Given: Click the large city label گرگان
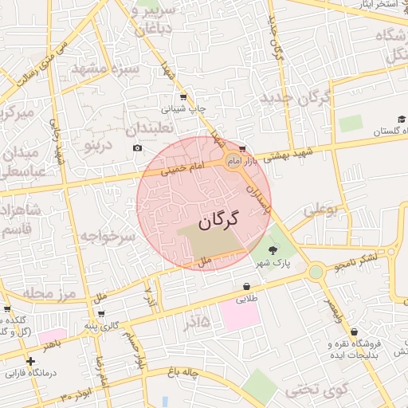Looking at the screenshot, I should coord(217,221).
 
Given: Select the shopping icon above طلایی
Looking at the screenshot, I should coord(246,287).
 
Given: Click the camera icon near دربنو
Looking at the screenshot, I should coord(137,148).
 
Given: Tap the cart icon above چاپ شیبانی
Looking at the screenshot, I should coord(183,97).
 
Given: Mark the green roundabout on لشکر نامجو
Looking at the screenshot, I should coord(316,272).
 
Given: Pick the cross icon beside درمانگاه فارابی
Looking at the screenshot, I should coord(30,361).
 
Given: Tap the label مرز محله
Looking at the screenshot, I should coord(49,294).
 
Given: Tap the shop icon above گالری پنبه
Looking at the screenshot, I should coord(100,313).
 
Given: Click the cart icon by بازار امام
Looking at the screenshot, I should coord(241,149).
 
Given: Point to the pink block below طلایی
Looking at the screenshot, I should coord(240,316).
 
